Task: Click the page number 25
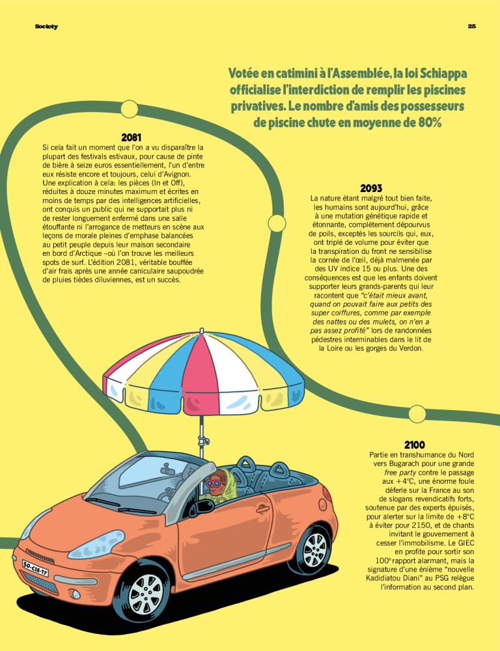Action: tap(472, 27)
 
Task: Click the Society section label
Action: tap(46, 27)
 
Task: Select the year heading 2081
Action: tap(132, 137)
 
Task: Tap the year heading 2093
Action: tap(370, 188)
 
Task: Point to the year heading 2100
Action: tap(415, 444)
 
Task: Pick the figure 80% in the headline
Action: tap(426, 121)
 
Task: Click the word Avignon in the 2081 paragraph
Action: tap(173, 174)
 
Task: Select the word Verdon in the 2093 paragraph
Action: tap(407, 348)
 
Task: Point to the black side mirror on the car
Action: tap(201, 506)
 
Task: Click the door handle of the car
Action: tap(262, 507)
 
